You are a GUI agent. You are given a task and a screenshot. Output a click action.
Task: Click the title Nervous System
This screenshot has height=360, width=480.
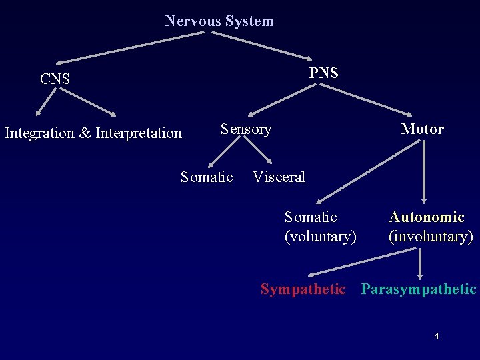219,21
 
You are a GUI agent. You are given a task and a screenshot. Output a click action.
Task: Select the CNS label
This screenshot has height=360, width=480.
55,79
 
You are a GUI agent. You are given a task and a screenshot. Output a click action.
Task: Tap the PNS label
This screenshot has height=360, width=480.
323,73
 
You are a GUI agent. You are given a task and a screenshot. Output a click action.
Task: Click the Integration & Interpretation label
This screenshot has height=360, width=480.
93,133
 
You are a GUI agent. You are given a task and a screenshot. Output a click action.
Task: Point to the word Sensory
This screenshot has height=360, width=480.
246,129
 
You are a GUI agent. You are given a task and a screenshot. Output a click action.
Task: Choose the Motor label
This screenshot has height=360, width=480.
422,129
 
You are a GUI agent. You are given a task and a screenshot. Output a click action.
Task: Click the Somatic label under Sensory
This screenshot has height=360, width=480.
207,177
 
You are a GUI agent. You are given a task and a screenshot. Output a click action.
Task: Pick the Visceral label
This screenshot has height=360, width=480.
279,177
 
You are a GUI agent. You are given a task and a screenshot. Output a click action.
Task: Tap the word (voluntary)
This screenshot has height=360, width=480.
320,237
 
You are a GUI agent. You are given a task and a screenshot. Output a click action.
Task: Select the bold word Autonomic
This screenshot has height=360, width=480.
427,217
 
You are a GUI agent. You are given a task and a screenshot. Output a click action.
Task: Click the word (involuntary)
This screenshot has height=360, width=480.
431,237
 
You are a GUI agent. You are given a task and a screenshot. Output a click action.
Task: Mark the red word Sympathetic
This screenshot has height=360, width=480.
303,289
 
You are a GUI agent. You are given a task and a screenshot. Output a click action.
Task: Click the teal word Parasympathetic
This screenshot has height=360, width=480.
419,289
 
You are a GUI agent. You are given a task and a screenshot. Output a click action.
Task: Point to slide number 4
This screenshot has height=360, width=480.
437,336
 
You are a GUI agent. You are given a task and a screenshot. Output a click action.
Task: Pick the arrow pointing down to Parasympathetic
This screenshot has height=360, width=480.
420,263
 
